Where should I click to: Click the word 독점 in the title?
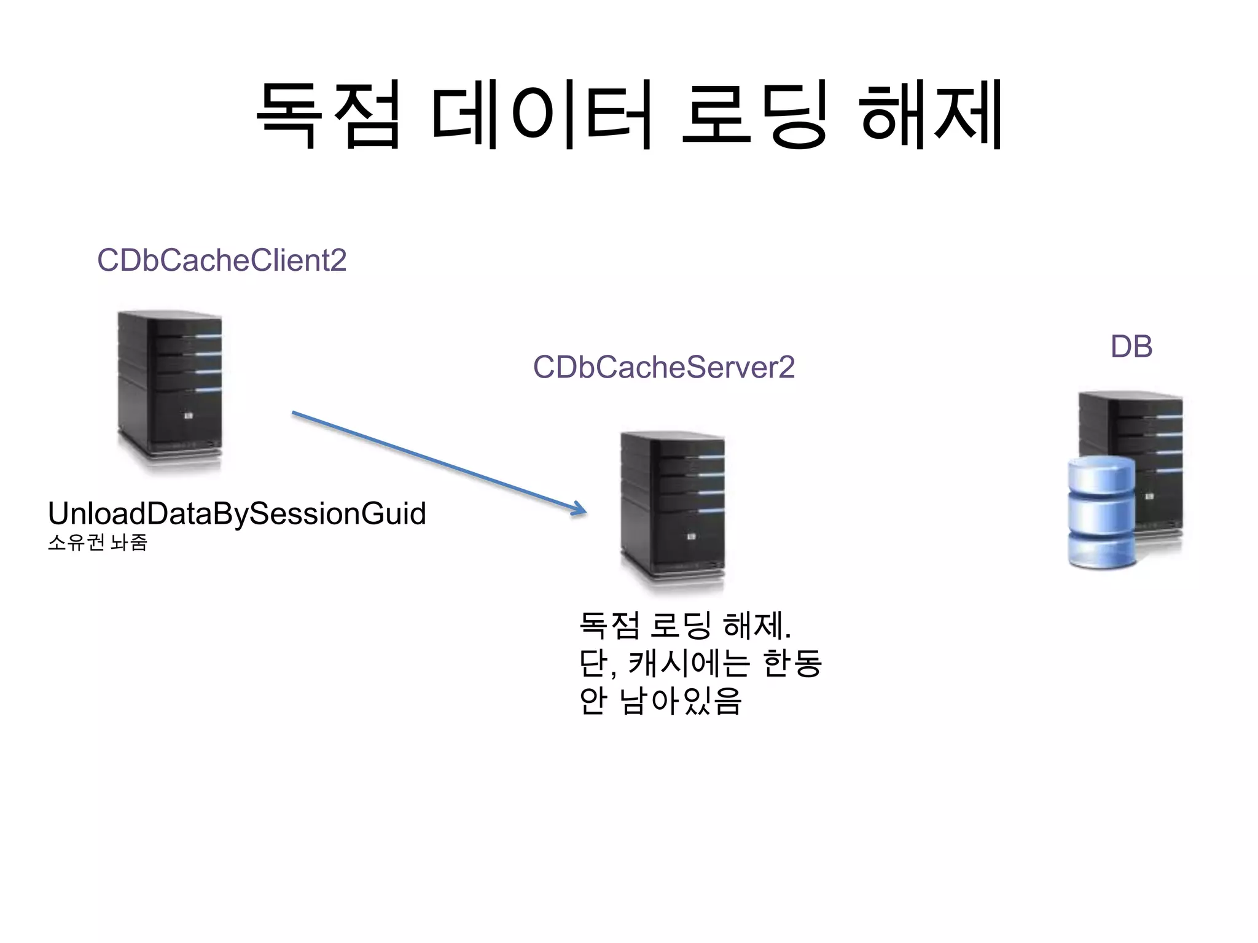[329, 115]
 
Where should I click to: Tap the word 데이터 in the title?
[541, 115]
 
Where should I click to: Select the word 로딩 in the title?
[754, 115]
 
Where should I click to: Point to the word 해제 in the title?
[931, 115]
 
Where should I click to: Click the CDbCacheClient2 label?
[222, 260]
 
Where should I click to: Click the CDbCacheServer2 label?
[663, 367]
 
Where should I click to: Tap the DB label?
[1131, 347]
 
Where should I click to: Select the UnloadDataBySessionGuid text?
[236, 513]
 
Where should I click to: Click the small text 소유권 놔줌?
[97, 543]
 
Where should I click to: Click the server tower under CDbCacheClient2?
[170, 390]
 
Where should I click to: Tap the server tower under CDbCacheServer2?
[673, 510]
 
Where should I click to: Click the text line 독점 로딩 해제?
[684, 626]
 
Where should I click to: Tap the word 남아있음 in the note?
[681, 700]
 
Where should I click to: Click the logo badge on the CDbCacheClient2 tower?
[189, 416]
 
